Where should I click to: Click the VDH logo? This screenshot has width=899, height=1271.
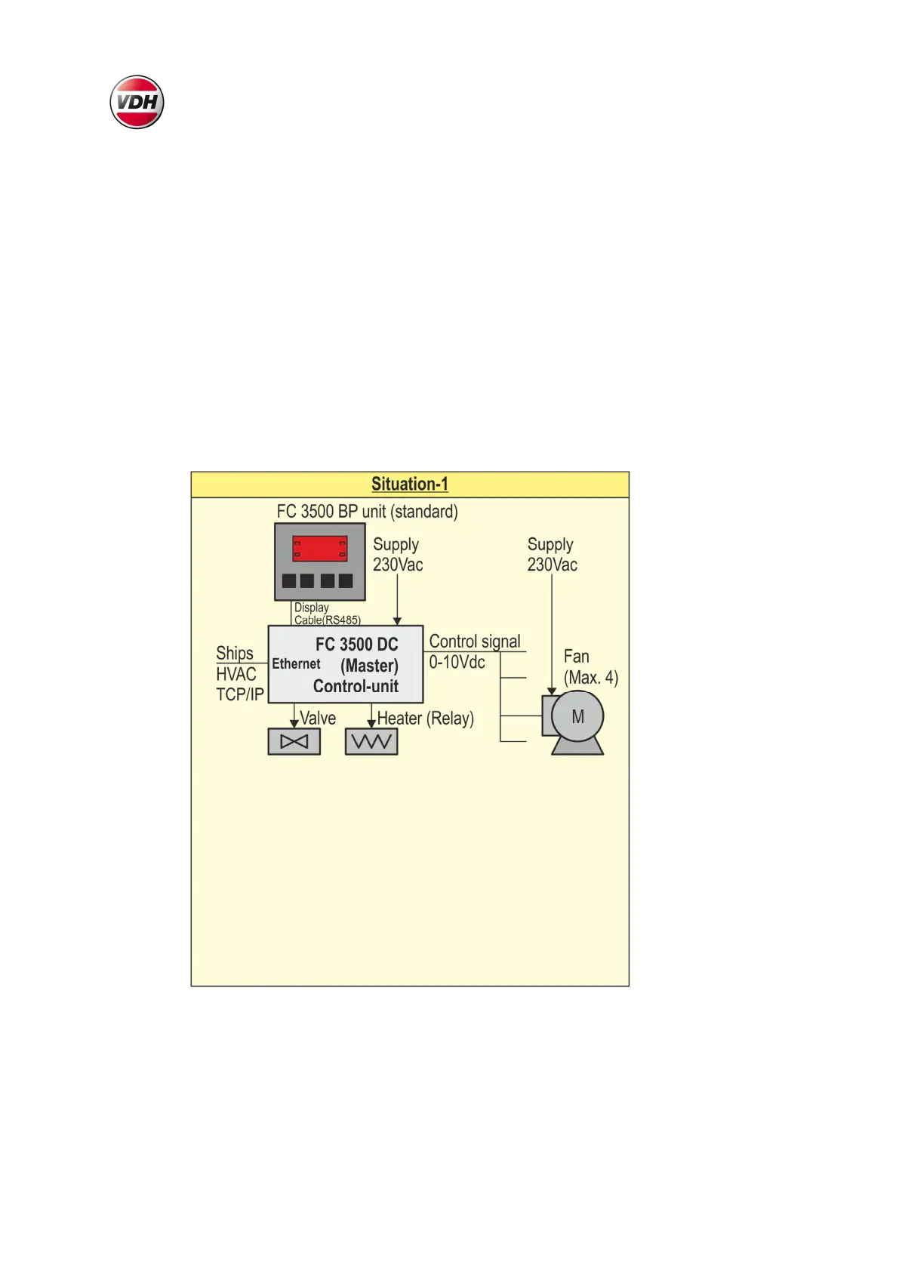(137, 102)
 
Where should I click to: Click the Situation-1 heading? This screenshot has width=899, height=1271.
(409, 484)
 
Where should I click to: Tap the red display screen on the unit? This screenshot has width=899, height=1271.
(320, 549)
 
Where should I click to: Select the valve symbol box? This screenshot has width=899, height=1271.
(294, 741)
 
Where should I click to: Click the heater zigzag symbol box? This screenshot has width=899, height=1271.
(371, 741)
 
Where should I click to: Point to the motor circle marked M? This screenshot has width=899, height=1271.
(577, 716)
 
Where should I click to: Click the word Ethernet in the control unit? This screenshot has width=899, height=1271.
(296, 664)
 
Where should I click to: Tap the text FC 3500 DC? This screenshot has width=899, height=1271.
(356, 644)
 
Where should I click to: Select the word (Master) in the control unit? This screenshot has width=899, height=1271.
(369, 666)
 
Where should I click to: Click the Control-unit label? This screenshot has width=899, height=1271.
(356, 686)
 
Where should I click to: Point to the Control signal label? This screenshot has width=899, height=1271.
(475, 642)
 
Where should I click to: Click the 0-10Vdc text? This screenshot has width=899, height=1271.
(457, 663)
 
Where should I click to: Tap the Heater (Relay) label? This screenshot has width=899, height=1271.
(425, 719)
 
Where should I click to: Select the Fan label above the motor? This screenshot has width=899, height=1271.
(576, 657)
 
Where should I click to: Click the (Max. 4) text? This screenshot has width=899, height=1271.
(590, 678)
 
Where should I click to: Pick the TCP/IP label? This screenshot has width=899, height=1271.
(240, 694)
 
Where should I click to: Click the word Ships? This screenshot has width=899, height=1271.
(235, 653)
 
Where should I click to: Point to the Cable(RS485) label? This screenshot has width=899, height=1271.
(327, 620)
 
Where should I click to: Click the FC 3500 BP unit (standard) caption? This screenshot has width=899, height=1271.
(367, 511)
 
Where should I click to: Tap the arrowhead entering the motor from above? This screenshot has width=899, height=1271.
(552, 691)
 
